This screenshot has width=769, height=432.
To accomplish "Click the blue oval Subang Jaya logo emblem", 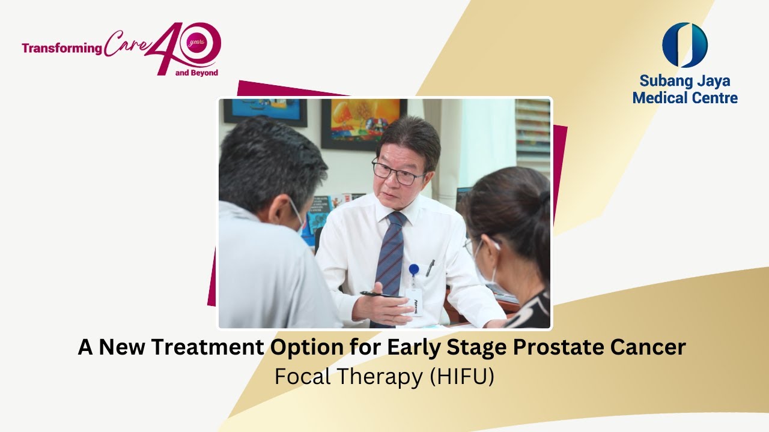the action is click(x=684, y=45).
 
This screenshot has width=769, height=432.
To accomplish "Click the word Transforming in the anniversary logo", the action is click(x=62, y=49).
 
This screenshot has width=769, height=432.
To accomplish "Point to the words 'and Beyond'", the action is click(x=196, y=73).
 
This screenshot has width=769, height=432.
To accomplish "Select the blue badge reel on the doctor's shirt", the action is click(x=414, y=269).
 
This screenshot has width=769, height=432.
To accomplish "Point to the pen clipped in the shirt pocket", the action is click(x=430, y=268).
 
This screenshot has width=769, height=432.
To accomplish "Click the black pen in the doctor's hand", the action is click(x=381, y=295).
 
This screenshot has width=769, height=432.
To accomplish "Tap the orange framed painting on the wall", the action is click(x=364, y=124).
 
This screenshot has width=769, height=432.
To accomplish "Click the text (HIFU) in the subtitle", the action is click(x=462, y=377).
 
